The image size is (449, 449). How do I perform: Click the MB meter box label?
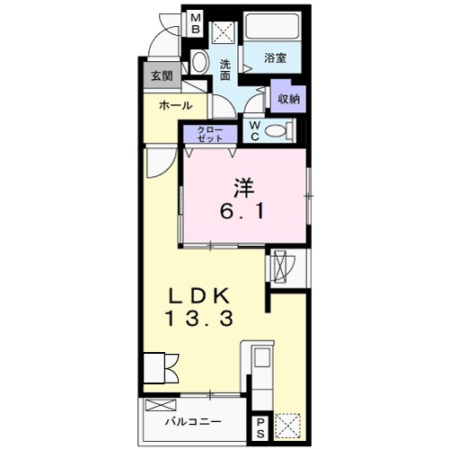(196, 23)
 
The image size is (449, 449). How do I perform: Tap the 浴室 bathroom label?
(275, 57)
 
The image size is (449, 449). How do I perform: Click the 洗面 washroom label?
(225, 70)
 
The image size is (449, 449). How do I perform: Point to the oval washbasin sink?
(199, 62)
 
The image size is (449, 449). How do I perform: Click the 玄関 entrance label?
(162, 75)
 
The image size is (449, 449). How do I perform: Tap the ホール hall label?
(176, 105)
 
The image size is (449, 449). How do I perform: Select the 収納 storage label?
(288, 99)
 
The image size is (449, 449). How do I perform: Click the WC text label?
(255, 131)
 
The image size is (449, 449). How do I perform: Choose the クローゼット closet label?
(210, 134)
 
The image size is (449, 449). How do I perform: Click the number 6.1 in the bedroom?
(242, 212)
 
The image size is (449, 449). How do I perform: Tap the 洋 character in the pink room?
(243, 189)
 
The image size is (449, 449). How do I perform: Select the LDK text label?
(199, 296)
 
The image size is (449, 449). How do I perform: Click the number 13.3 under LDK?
(199, 318)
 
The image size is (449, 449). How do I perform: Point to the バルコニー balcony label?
(194, 422)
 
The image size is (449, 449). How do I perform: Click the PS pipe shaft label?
(260, 428)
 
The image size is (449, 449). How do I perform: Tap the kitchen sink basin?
(262, 357)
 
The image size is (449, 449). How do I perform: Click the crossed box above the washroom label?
(223, 32)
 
